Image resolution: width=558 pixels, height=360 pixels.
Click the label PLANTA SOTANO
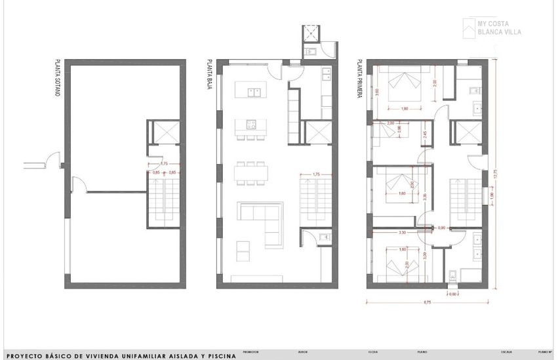58,79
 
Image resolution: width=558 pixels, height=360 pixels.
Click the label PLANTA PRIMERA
360,79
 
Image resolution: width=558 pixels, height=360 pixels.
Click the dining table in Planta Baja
252,172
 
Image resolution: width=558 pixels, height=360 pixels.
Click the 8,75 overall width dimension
427,303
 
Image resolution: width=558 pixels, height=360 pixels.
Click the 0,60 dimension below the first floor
452,294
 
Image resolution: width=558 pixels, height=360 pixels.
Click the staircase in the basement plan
161,197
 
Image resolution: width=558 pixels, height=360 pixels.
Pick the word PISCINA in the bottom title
221,355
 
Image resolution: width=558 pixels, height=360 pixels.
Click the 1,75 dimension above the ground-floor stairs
316,174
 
